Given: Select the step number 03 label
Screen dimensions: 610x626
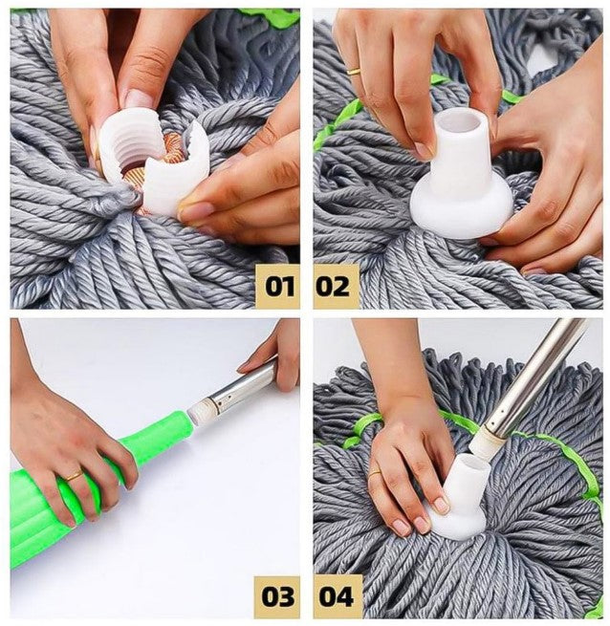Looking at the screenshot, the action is point(277,597).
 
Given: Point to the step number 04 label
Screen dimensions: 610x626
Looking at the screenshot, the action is point(337,597).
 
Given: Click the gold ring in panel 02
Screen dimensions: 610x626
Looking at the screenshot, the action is point(354,72).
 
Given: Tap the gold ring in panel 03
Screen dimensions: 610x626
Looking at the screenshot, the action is point(74,476).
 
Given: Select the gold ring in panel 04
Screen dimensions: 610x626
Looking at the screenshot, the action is point(375,473).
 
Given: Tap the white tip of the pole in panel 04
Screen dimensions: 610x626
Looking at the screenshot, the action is point(484,443).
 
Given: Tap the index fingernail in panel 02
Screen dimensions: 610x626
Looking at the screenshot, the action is point(425,150).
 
